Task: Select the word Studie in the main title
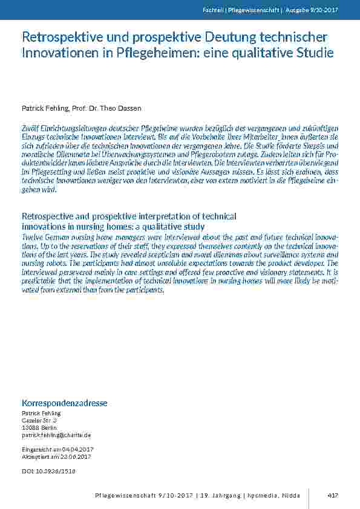click(315, 53)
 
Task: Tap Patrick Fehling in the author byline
click(45, 108)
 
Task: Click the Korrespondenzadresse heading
click(65, 403)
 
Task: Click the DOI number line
click(49, 470)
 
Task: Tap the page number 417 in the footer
click(332, 495)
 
